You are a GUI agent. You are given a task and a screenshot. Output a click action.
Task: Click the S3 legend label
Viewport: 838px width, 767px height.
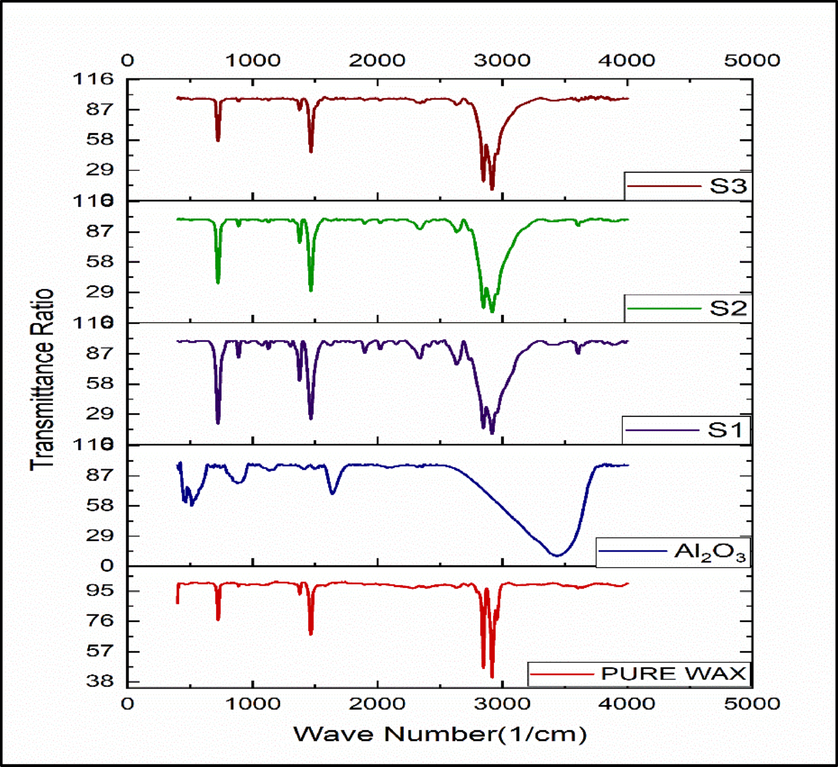tap(728, 186)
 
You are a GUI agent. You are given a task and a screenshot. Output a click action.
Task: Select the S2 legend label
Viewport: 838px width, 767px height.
tap(728, 308)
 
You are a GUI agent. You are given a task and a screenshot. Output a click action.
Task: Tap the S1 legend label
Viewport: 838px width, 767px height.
tap(725, 430)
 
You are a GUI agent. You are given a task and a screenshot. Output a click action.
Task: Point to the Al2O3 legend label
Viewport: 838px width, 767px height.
tap(710, 551)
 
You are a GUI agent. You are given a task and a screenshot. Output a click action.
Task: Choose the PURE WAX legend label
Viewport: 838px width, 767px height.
tap(673, 674)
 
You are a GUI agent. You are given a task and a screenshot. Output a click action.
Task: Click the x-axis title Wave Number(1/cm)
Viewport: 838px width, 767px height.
tap(440, 734)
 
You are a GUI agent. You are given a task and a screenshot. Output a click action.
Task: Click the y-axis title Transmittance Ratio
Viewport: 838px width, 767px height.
tap(42, 380)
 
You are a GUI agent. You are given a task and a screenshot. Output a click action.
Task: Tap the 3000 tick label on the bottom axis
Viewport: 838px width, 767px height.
tap(502, 704)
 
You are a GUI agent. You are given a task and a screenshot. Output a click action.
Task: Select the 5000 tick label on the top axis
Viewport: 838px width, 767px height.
tap(752, 60)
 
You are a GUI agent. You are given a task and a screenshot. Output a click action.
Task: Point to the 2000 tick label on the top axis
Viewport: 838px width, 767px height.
tap(377, 60)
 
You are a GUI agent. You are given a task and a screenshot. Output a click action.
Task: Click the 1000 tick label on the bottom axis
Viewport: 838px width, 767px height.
tap(252, 704)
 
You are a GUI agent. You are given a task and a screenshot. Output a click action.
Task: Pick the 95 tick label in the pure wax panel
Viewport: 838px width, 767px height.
tap(100, 590)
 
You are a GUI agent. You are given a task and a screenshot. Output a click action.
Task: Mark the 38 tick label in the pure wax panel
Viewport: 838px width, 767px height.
tap(100, 681)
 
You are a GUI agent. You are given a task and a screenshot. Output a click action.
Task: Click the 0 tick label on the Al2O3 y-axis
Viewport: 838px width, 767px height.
tap(107, 566)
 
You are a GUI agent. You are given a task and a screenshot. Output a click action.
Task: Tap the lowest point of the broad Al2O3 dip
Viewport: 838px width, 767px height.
tap(557, 555)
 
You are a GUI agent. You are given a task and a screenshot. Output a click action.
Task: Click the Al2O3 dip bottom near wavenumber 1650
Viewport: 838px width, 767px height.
tap(333, 493)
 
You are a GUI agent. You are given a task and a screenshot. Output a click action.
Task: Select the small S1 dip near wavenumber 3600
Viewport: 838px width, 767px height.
tap(578, 353)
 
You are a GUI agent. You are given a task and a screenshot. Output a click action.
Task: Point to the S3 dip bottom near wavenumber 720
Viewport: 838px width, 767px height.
tap(218, 140)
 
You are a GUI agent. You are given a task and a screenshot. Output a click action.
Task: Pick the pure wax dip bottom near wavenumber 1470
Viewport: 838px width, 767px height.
tap(311, 633)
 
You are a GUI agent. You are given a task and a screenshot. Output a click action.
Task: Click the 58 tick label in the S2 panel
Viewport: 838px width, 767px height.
tap(100, 262)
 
